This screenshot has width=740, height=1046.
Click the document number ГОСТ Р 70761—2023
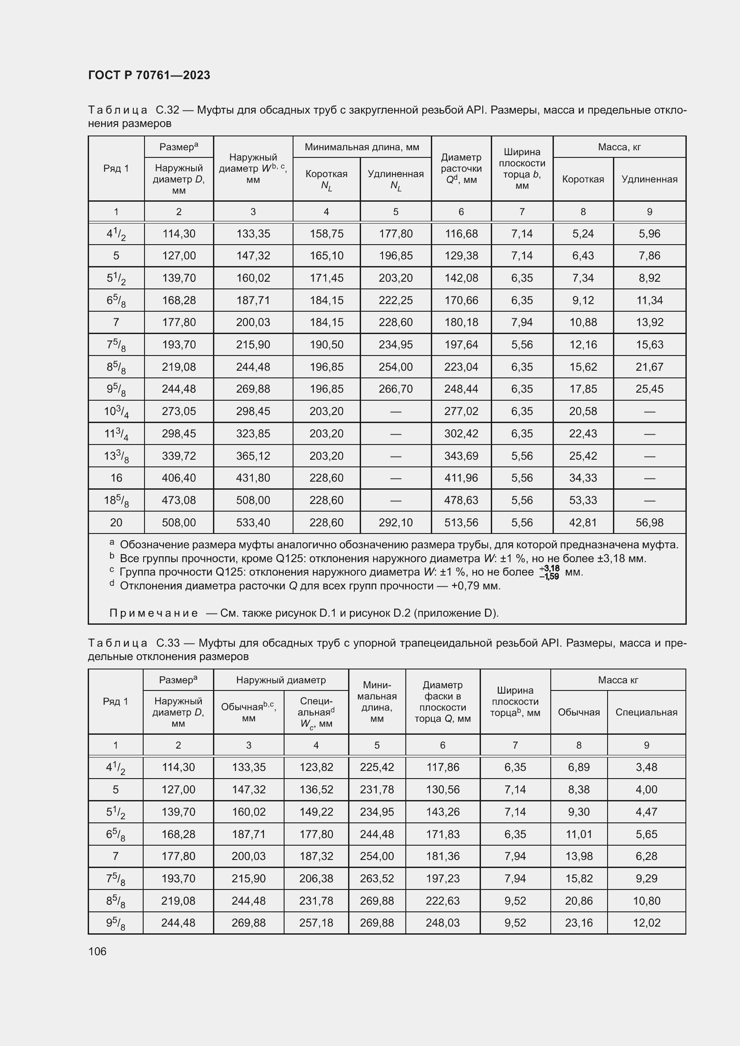(149, 75)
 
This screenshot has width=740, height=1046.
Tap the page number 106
(97, 951)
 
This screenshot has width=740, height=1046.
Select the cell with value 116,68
(461, 234)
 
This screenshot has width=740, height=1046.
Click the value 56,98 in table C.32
(649, 522)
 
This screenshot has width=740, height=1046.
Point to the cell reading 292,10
(396, 522)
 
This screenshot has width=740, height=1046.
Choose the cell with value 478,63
(461, 500)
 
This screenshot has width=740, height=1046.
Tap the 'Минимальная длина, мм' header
(362, 147)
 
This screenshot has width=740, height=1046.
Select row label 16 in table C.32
(116, 478)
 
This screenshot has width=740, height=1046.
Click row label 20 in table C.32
(116, 522)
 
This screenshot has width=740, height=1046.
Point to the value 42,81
(583, 522)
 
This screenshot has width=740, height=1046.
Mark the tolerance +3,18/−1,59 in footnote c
(549, 573)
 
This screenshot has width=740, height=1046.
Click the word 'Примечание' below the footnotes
(153, 613)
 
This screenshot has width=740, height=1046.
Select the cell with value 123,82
(316, 767)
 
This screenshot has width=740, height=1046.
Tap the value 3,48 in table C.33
(646, 767)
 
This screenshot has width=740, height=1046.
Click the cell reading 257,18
(316, 923)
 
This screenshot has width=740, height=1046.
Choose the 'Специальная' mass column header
(646, 712)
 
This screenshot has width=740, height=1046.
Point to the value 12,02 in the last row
(646, 923)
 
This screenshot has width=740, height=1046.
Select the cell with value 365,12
(253, 456)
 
